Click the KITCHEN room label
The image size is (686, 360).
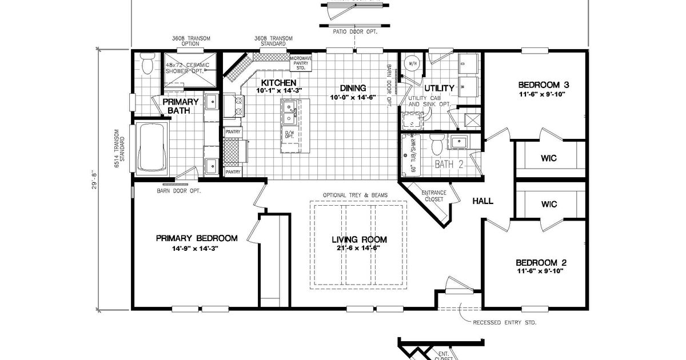click(x=279, y=83)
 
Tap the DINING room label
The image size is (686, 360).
click(x=353, y=88)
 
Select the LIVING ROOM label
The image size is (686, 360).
click(x=359, y=239)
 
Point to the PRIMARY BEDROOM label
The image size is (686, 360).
click(x=196, y=238)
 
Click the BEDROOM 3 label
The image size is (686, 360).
click(x=544, y=85)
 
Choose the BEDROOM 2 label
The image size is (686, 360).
click(x=540, y=262)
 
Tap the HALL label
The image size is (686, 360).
click(x=482, y=201)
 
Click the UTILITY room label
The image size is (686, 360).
click(x=439, y=88)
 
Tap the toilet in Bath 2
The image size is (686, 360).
click(x=437, y=145)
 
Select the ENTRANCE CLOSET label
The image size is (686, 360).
click(x=433, y=196)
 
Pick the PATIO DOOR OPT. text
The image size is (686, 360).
click(x=359, y=31)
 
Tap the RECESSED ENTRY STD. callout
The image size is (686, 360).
click(x=504, y=322)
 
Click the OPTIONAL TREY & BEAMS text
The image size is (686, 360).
click(x=355, y=195)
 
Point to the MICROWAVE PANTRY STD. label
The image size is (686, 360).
click(x=300, y=62)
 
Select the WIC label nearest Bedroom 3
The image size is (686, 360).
click(x=548, y=158)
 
